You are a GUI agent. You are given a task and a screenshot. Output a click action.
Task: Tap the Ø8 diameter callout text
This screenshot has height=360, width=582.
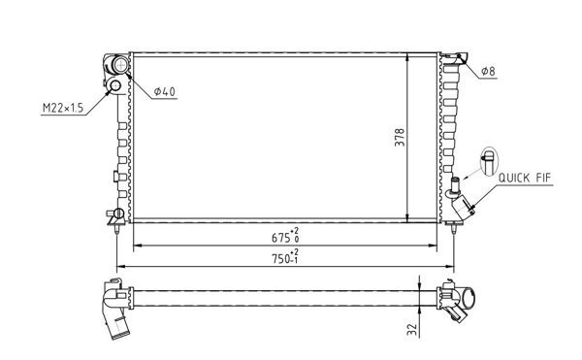pos(489,73)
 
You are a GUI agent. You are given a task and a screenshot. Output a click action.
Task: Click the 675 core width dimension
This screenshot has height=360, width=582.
pos(284,235)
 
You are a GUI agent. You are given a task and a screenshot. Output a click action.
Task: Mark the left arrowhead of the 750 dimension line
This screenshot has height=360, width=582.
pos(119,266)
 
